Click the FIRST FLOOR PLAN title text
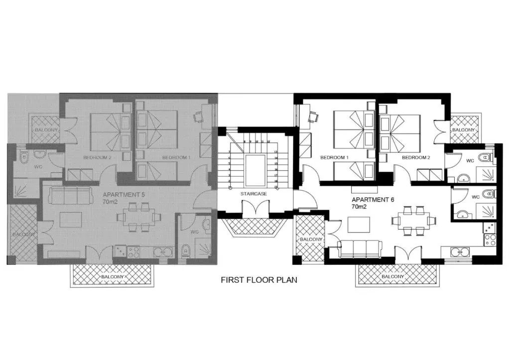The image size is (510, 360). pyautogui.click(x=258, y=280)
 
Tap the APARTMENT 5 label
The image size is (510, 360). pyautogui.click(x=124, y=195)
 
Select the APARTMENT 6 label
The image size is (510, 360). pyautogui.click(x=373, y=199)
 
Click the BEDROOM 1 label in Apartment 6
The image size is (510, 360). pyautogui.click(x=334, y=157)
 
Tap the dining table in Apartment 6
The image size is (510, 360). pyautogui.click(x=413, y=220)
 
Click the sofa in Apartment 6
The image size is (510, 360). pyautogui.click(x=359, y=248)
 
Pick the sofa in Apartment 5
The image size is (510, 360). pyautogui.click(x=72, y=196)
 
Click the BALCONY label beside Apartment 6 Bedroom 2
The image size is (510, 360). pyautogui.click(x=464, y=130)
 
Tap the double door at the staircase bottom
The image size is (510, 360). pyautogui.click(x=255, y=209)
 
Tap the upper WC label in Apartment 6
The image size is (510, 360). pyautogui.click(x=470, y=161)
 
